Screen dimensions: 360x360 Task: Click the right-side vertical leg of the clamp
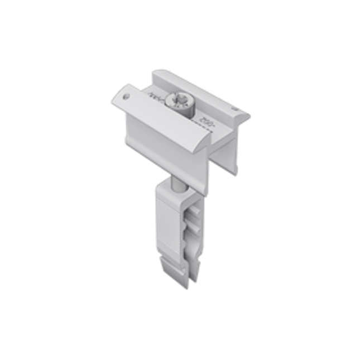[229, 148]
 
